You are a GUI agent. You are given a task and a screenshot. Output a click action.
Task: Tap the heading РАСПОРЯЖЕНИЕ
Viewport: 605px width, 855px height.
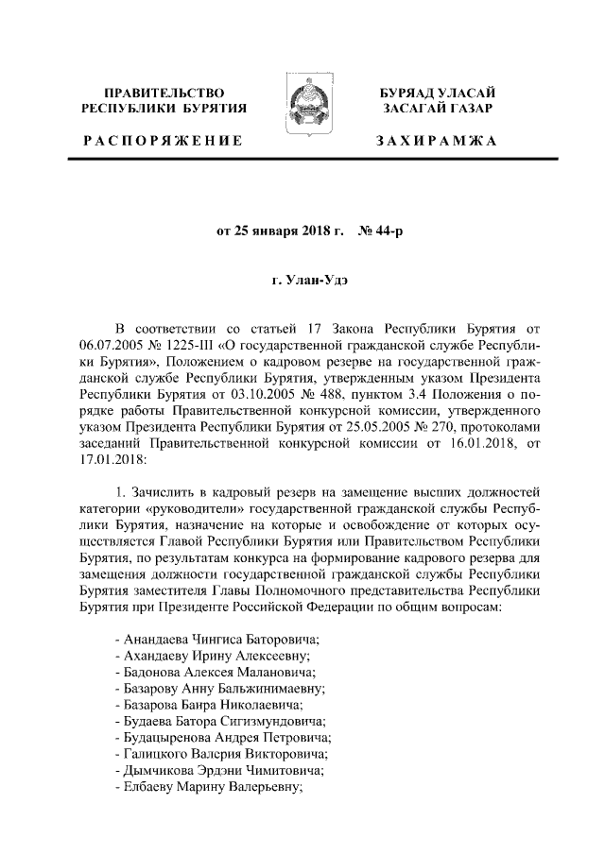coord(163,141)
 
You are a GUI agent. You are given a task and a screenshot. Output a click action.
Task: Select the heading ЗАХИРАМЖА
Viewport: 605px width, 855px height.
coord(436,141)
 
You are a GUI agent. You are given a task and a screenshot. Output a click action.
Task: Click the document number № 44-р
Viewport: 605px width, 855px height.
coord(381,231)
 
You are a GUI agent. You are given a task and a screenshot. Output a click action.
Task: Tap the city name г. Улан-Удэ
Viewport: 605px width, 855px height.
coord(302,281)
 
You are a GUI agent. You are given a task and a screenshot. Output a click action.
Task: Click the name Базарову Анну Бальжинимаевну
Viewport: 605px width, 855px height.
coord(218,688)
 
